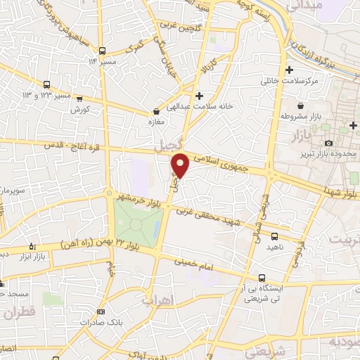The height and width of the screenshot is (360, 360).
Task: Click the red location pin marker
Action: coord(181,165)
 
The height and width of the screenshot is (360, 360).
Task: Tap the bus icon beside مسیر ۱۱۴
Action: coord(103,51)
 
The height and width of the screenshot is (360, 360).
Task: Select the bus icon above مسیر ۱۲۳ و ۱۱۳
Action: coord(47,83)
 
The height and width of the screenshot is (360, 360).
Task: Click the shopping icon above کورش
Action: coord(79,99)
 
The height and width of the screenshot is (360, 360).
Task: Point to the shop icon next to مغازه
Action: coord(156,111)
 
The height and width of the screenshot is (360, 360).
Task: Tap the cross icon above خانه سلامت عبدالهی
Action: coord(200,95)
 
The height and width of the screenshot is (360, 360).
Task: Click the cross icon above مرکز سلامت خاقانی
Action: coord(289,70)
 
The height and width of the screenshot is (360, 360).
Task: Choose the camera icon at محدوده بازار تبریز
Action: coord(329,143)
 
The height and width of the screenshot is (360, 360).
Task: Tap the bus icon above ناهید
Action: coord(274,236)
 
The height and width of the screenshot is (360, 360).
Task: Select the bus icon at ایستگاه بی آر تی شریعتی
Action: coord(262,278)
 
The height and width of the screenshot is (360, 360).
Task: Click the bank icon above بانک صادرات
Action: coord(101,311)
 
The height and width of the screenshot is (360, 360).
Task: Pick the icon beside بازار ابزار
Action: coord(32,246)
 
